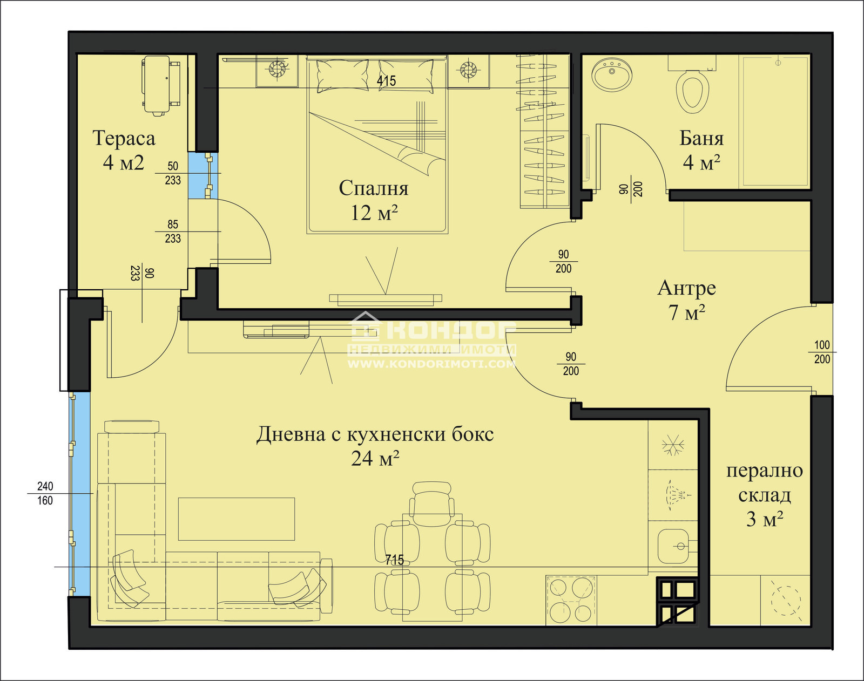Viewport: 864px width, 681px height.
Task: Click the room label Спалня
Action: click(373, 188)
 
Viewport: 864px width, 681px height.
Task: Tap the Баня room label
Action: click(701, 139)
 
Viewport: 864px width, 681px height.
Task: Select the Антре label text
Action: click(686, 288)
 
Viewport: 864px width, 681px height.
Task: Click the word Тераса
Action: click(124, 139)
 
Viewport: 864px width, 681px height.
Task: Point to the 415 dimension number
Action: click(386, 81)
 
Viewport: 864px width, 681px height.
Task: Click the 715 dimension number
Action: click(394, 560)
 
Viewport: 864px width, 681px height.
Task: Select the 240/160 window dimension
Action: click(45, 493)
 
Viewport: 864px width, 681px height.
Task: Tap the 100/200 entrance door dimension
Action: click(821, 352)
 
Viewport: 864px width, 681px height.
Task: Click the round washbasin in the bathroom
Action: click(612, 74)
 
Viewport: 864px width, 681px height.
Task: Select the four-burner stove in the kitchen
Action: click(571, 600)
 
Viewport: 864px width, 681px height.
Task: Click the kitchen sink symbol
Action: click(674, 546)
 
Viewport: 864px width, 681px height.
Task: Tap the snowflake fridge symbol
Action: click(673, 446)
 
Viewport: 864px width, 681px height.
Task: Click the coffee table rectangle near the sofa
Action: click(236, 519)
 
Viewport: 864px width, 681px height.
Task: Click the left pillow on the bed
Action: click(342, 75)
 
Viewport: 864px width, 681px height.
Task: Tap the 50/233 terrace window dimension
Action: click(173, 173)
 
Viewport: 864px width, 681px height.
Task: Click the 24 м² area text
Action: click(375, 459)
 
